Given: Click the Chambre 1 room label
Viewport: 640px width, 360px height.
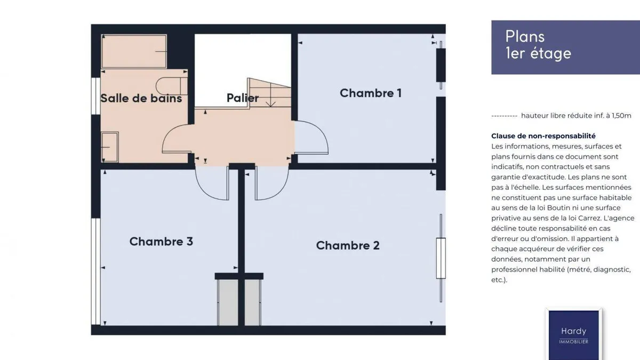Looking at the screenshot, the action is point(371,93).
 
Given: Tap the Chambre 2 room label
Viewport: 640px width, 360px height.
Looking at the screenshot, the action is point(348,245).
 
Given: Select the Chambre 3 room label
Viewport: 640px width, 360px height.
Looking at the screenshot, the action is point(161,242).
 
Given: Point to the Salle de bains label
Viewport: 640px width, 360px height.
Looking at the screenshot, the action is point(141,98).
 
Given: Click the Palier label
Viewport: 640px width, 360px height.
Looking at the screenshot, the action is point(243,98).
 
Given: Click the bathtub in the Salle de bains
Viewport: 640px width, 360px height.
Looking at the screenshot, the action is point(134,51).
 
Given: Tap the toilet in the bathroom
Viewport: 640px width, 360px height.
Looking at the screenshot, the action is point(171,86).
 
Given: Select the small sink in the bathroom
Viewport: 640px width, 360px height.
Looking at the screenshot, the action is point(110,147).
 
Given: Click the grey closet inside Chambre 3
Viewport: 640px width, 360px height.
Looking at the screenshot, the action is point(228,302).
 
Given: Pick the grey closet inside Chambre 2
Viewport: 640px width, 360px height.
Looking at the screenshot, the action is point(252,302).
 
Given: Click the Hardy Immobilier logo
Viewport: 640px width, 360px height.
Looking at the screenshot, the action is point(573,334).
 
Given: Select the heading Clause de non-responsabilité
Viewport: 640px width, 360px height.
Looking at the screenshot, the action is point(543,136).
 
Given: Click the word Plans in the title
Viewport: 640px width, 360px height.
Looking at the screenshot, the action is point(525,37).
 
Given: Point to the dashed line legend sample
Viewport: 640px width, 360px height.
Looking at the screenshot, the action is point(505,116).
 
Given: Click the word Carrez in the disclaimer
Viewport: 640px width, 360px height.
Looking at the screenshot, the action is point(589,218).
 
